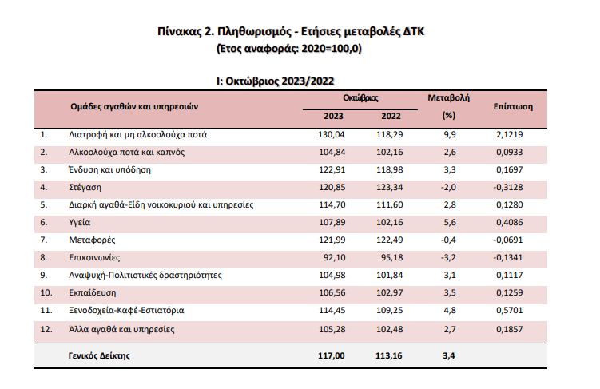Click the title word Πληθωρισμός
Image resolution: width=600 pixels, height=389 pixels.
[247, 33]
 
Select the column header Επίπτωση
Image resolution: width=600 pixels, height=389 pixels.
[513, 105]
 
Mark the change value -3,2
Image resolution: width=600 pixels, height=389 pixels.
[448, 257]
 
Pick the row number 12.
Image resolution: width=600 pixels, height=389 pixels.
[46, 328]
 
